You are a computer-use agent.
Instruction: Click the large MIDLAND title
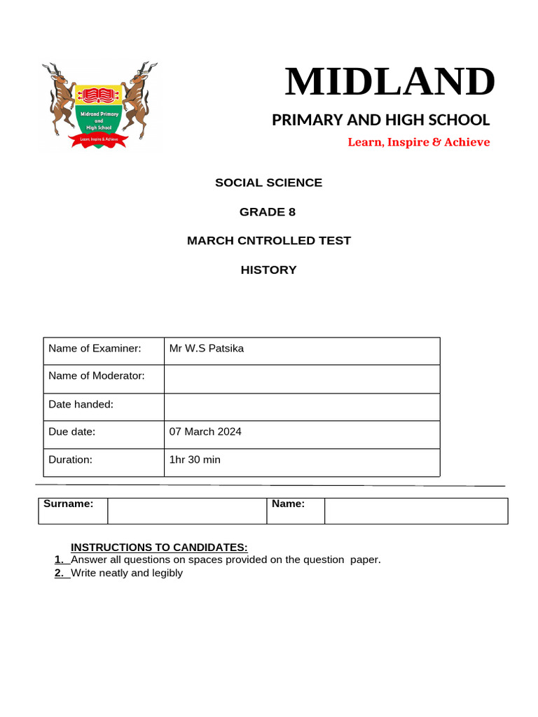click(389, 82)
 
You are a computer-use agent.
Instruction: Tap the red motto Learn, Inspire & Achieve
click(419, 142)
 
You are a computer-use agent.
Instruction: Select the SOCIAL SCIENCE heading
click(268, 183)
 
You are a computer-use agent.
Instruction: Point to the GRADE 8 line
click(268, 212)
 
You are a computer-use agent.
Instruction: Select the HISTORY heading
click(268, 270)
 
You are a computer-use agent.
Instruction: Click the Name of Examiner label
click(95, 349)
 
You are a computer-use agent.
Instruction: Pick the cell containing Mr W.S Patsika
click(301, 351)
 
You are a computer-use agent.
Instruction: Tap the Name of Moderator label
click(97, 376)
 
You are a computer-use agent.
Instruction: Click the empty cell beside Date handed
click(301, 407)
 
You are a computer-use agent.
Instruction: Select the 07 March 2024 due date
click(205, 432)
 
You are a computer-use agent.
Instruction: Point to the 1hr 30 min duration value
click(195, 460)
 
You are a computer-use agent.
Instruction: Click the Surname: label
click(69, 503)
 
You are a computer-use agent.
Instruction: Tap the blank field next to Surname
click(187, 511)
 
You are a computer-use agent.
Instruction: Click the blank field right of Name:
click(416, 511)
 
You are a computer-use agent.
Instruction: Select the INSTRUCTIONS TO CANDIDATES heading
click(160, 548)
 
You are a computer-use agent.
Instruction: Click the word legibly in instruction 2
click(167, 573)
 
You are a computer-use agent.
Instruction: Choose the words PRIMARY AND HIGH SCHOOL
click(380, 120)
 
